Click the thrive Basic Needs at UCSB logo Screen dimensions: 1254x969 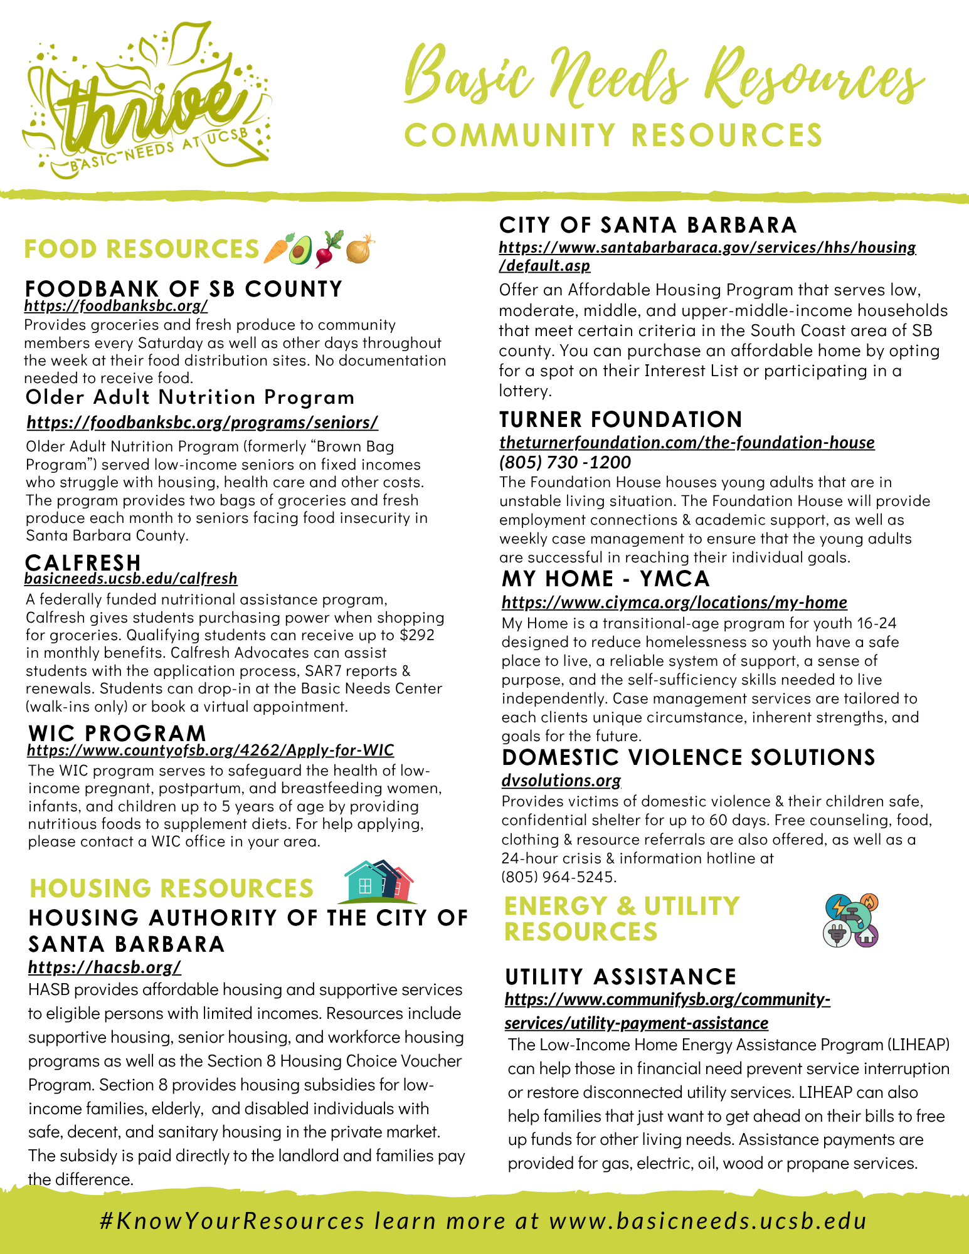pos(147,103)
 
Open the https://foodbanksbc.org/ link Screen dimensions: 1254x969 pos(116,306)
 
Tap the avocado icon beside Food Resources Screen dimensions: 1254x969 pos(300,250)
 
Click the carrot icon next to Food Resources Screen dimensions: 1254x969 pos(276,249)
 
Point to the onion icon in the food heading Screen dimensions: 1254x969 pos(359,249)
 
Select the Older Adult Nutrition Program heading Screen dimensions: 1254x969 pos(190,397)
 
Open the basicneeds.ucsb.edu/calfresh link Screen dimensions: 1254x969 pos(131,578)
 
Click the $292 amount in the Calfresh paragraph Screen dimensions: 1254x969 pos(417,635)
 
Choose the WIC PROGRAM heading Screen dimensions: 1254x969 pos(117,732)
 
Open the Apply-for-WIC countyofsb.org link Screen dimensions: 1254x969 pos(211,750)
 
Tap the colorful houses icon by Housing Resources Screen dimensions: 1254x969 pos(379,881)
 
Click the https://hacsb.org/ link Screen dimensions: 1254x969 pos(105,967)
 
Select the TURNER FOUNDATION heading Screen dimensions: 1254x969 pos(620,419)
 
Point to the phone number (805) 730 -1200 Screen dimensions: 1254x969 pos(565,462)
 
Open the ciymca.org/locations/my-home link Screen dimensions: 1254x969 pos(674,603)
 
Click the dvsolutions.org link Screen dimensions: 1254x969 pos(561,780)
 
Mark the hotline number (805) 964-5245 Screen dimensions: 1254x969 pos(558,877)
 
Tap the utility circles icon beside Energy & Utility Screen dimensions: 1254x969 pos(850,920)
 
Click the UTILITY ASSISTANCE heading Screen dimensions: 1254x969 pos(620,976)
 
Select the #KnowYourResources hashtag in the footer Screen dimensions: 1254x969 pos(232,1221)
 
